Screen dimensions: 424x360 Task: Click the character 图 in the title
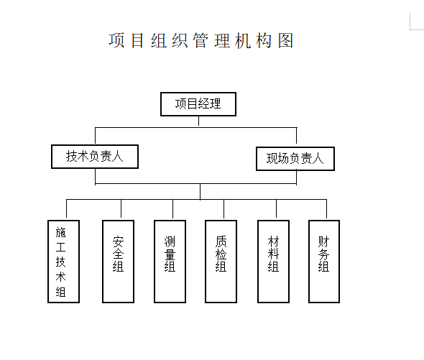coord(286,40)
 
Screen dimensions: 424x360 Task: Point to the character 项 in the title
coord(116,40)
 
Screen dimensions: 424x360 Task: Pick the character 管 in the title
coord(201,40)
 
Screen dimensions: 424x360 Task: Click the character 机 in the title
coord(243,40)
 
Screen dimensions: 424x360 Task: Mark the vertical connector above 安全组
coord(121,208)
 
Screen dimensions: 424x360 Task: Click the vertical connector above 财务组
coord(327,209)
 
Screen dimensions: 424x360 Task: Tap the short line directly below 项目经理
coord(198,121)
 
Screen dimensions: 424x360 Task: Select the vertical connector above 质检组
coord(223,209)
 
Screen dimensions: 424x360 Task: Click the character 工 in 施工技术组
coord(60,247)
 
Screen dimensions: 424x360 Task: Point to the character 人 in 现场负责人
coord(318,159)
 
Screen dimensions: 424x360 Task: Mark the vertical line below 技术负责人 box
coord(95,177)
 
